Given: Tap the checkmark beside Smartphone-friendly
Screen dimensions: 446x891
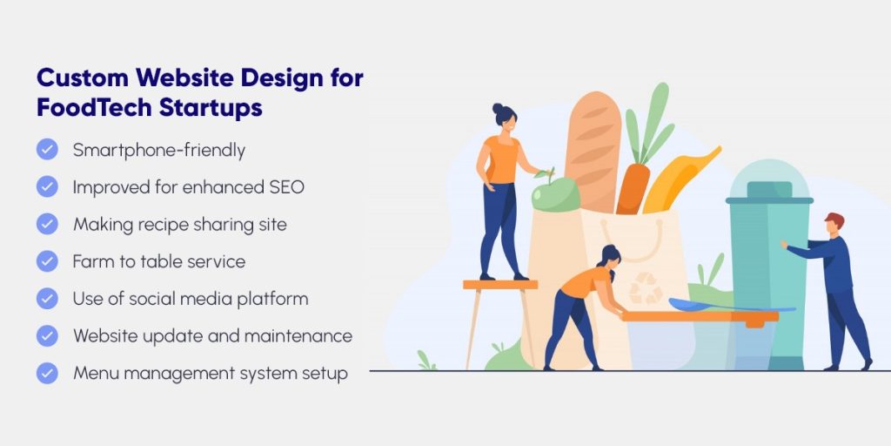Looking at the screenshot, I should pos(47,150).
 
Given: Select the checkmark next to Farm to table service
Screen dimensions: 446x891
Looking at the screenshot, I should pos(47,261).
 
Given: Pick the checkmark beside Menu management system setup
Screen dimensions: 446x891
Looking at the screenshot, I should pos(47,373).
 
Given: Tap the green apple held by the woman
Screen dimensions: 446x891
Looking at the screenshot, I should pos(554,192).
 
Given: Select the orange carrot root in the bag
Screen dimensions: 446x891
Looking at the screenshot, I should pos(633,187).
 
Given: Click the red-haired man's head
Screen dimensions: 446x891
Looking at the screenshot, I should pos(834,224).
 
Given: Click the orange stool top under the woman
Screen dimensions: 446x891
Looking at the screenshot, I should pos(499,284).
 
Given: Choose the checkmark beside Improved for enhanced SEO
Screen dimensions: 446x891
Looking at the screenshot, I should pos(47,187).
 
